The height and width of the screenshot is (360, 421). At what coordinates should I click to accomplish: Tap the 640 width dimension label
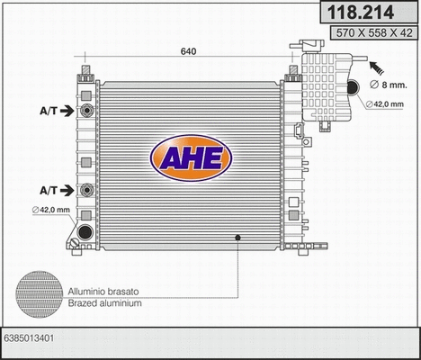coord(188,52)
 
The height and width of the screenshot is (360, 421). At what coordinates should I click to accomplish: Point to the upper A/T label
coord(50,112)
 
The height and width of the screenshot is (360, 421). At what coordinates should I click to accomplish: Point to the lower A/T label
coord(50,191)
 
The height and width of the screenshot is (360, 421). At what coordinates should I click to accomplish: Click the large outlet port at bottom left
coord(85,232)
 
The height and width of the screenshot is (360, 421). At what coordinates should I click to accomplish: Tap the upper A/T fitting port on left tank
coord(86,112)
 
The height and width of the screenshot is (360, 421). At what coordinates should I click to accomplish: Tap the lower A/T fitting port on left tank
coord(86,191)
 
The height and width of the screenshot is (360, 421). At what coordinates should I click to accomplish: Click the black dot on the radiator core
coord(238,238)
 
